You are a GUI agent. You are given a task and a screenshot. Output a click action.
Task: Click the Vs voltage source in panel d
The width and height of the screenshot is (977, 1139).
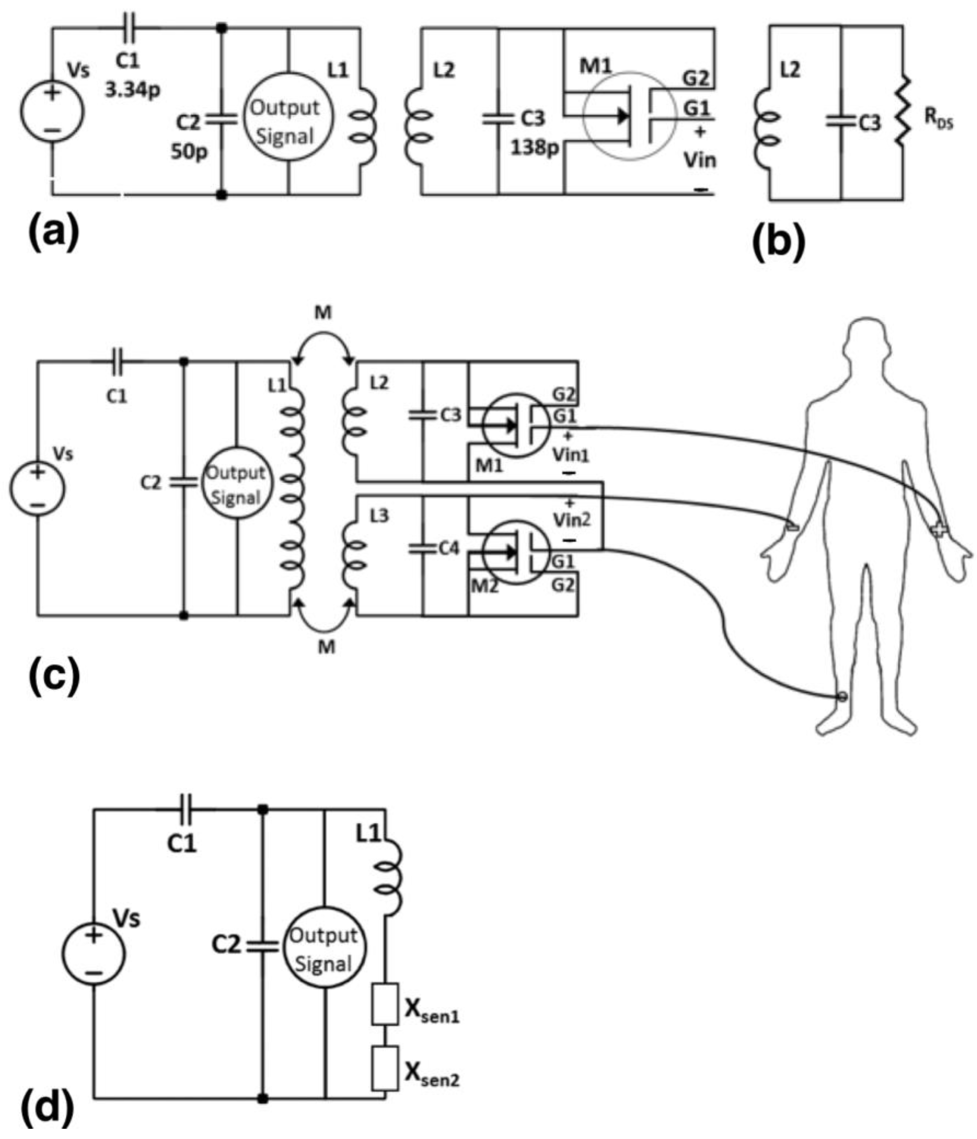[93, 953]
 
